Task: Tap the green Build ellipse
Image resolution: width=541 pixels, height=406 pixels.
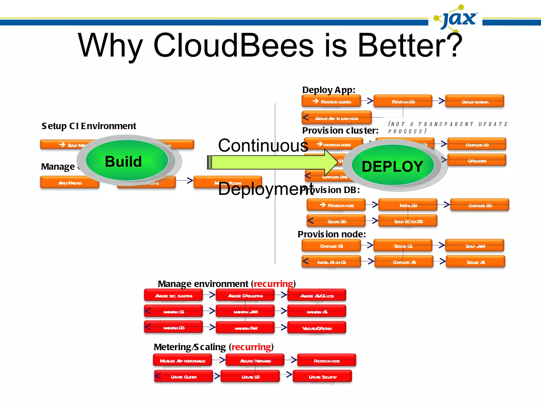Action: pyautogui.click(x=127, y=160)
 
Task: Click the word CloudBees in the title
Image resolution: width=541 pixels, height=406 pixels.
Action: pyautogui.click(x=233, y=45)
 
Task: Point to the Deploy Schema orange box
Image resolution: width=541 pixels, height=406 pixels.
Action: pyautogui.click(x=475, y=101)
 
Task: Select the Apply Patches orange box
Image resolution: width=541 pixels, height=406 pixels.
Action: pyautogui.click(x=70, y=182)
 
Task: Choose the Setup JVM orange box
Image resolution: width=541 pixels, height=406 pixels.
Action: pyautogui.click(x=475, y=246)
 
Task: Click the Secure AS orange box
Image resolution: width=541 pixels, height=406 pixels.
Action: pyautogui.click(x=475, y=262)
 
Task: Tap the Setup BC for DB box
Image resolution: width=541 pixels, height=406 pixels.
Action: pyautogui.click(x=408, y=221)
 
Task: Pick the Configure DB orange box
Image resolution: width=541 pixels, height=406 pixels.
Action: pyautogui.click(x=480, y=205)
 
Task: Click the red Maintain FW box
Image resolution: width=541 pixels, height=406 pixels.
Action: pyautogui.click(x=245, y=328)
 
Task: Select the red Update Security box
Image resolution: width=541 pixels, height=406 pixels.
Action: pyautogui.click(x=323, y=376)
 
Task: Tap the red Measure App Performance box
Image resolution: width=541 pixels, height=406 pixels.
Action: pyautogui.click(x=183, y=360)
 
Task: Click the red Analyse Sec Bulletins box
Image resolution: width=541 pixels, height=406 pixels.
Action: pyautogui.click(x=174, y=295)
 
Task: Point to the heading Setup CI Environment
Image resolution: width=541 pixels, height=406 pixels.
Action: pyautogui.click(x=89, y=126)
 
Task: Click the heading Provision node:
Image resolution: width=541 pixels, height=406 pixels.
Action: pyautogui.click(x=332, y=234)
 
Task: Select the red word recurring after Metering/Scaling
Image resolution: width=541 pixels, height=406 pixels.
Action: pyautogui.click(x=251, y=347)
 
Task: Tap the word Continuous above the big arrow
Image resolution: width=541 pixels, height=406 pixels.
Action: pyautogui.click(x=263, y=145)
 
